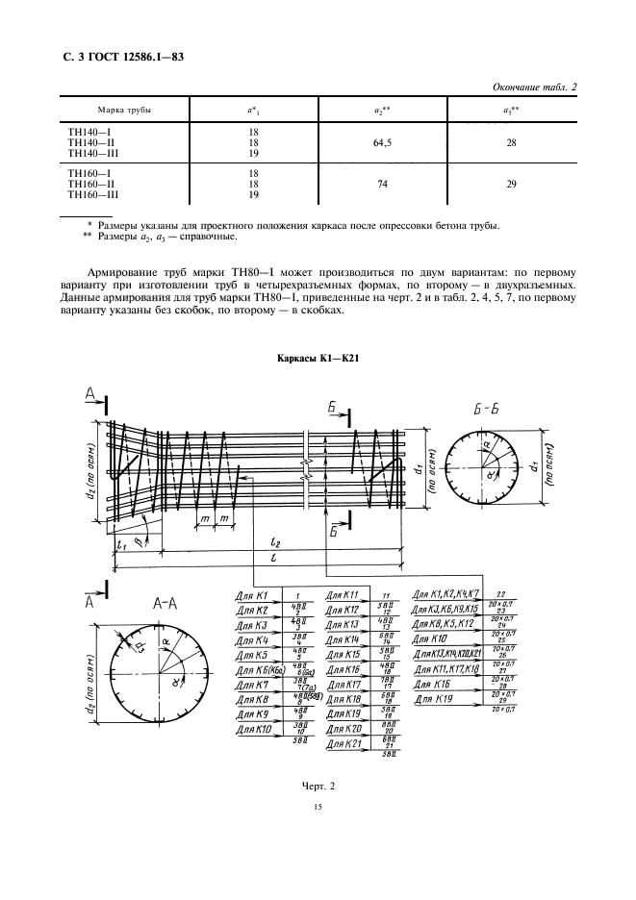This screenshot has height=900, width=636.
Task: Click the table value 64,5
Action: (381, 143)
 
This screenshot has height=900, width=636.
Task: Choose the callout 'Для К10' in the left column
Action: (253, 730)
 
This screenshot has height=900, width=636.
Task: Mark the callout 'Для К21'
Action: (343, 744)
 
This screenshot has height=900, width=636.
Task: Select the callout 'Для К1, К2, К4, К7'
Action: (450, 594)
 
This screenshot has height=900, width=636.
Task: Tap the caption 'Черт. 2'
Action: (318, 787)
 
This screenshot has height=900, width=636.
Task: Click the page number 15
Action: (318, 809)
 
